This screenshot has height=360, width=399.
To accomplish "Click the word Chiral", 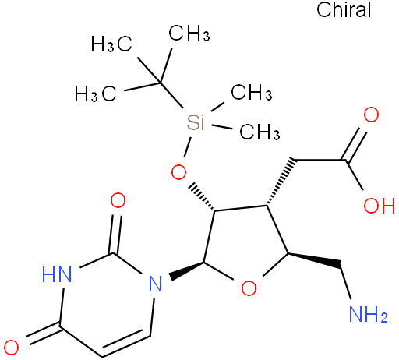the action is (x=344, y=9).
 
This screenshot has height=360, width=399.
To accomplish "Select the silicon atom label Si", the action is (x=196, y=122).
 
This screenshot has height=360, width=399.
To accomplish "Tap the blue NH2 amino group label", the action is (x=369, y=314).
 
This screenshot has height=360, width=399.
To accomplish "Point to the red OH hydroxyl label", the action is (x=379, y=206).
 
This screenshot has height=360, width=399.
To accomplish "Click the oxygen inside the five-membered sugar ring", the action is (x=249, y=288).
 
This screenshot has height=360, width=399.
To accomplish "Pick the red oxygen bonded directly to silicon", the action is (x=178, y=172).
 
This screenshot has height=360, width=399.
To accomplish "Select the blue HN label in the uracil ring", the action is (x=57, y=274).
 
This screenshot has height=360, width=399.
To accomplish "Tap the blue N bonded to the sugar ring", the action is (x=155, y=283).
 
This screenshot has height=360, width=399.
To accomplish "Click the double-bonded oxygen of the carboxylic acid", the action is (x=371, y=115).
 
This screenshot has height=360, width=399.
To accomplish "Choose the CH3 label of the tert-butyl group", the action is (x=189, y=34).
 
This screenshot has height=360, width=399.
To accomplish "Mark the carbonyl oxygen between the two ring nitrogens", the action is (x=118, y=200).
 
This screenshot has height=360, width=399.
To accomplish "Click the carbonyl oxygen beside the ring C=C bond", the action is (x=11, y=348).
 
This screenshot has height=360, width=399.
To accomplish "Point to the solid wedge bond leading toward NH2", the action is (x=314, y=260).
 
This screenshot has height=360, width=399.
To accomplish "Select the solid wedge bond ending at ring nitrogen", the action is (x=187, y=270).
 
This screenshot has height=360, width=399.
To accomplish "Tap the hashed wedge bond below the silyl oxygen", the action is (x=201, y=197).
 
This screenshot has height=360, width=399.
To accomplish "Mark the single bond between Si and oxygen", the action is (x=188, y=147).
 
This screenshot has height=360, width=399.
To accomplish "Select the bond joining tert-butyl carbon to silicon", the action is (x=171, y=95).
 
